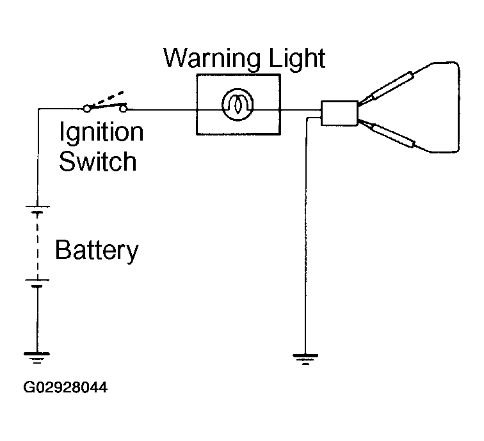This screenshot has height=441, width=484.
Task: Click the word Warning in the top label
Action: (x=212, y=59)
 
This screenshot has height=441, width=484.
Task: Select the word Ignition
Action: (x=102, y=132)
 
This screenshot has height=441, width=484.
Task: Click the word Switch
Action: (x=97, y=161)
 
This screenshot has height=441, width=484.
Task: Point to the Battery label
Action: (x=97, y=251)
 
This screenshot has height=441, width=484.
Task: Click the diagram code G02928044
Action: (x=65, y=387)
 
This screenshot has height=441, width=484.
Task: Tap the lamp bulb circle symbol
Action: (x=238, y=104)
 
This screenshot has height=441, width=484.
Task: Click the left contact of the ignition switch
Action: (x=87, y=109)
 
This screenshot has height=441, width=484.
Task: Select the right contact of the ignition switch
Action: (x=123, y=109)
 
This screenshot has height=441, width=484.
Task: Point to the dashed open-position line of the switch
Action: (x=108, y=98)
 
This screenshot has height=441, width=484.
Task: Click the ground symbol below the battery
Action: (x=36, y=357)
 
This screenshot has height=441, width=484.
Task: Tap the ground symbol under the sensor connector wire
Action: (x=305, y=359)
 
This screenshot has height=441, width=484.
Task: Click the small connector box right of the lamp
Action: (x=339, y=113)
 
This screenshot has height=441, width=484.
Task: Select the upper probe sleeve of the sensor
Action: (x=392, y=85)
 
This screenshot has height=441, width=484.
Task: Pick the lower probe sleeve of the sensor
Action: (x=394, y=135)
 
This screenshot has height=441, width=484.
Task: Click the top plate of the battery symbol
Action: (x=37, y=206)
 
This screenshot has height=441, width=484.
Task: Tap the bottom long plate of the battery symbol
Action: (x=37, y=280)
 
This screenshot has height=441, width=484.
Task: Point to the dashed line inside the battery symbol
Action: (x=37, y=247)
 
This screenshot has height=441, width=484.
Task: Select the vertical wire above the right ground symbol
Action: (x=305, y=236)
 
